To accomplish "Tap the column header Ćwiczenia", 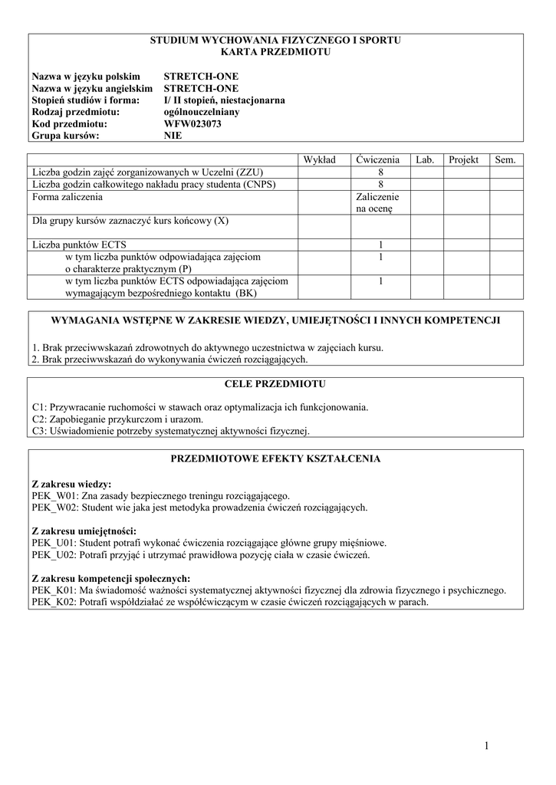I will pos(377,159).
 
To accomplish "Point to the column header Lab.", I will pos(425,159).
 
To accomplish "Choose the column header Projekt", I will pos(463,159).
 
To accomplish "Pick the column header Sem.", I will pos(506,159).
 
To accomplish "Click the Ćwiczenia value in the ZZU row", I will pos(380,172).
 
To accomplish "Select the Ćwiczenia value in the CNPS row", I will pos(380,185).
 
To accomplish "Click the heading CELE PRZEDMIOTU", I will pos(275,383).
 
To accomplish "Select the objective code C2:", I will pos(40,419).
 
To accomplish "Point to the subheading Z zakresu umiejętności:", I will pos(84,530).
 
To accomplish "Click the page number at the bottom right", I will pos(486,745).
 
